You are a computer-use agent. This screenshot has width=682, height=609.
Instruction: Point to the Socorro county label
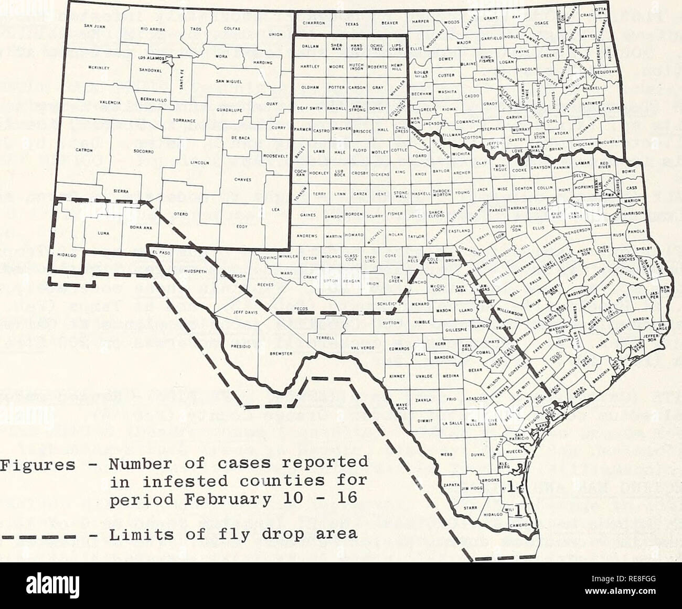coord(143,152)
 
